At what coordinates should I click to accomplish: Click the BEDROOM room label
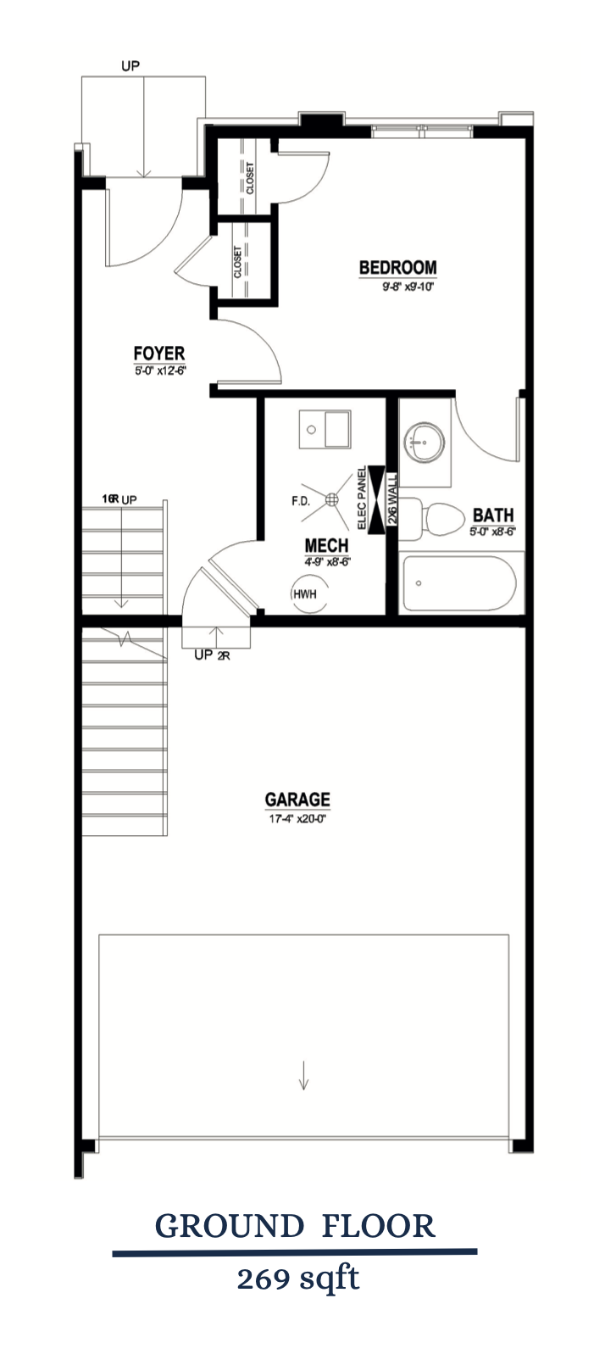click(x=397, y=268)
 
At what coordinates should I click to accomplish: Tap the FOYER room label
click(x=158, y=353)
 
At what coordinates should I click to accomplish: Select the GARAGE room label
click(x=297, y=799)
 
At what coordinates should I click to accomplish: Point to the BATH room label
click(x=493, y=515)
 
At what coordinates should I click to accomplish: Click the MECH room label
click(x=326, y=544)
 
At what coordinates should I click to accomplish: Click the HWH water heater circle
click(x=303, y=593)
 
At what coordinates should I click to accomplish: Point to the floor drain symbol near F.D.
click(x=333, y=499)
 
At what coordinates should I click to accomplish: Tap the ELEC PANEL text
click(x=362, y=499)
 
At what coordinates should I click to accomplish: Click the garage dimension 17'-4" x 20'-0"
click(x=297, y=819)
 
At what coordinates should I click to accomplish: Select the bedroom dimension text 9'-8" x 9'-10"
click(x=407, y=287)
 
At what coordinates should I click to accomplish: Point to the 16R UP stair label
click(x=119, y=499)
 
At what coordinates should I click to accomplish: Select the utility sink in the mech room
click(x=325, y=429)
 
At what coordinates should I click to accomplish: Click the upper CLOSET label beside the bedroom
click(x=250, y=177)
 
